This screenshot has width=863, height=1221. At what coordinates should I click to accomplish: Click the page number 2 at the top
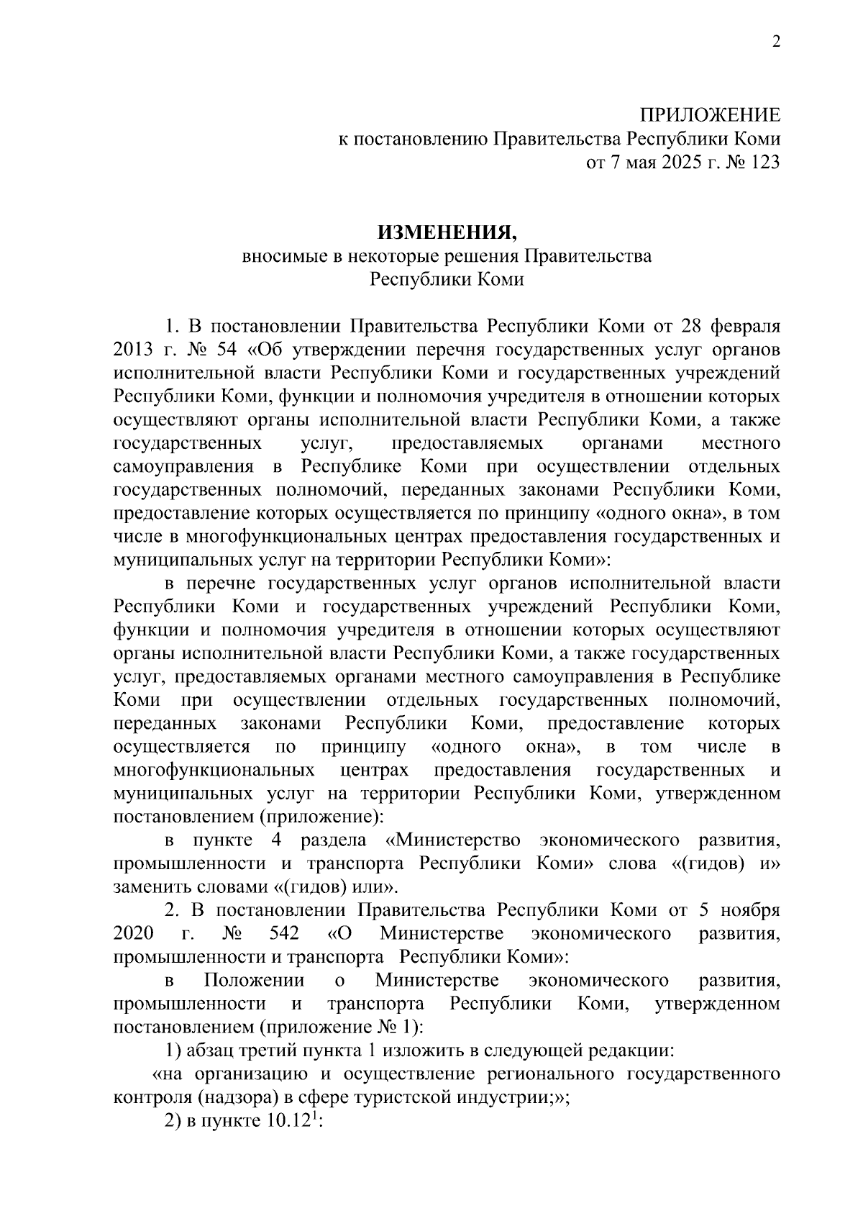[775, 42]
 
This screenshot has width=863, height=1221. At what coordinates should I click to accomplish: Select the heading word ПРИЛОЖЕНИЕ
[710, 115]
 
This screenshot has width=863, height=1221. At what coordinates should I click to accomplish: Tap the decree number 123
[764, 162]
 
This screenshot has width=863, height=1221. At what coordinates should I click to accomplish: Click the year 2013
[133, 350]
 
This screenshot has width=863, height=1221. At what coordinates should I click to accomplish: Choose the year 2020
[133, 934]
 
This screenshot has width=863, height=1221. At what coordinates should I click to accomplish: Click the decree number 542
[283, 934]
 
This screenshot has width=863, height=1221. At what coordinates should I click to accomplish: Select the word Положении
[254, 981]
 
